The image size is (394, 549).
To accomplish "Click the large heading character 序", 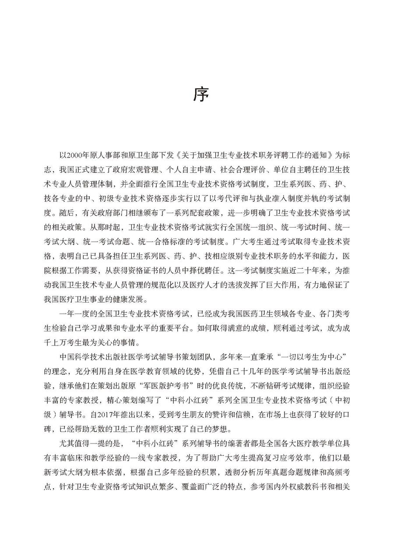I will point(201,95).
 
